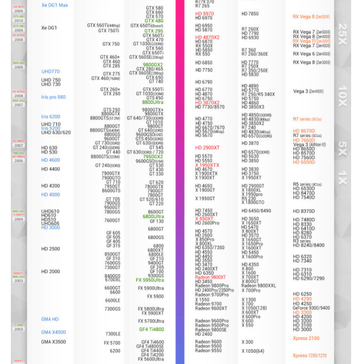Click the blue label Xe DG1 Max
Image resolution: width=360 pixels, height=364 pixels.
click(55, 5)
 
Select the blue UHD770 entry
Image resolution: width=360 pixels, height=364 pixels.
click(50, 72)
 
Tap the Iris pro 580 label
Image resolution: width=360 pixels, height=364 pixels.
click(53, 97)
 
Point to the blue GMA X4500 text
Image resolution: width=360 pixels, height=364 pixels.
click(53, 332)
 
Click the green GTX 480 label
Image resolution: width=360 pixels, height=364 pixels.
click(154, 21)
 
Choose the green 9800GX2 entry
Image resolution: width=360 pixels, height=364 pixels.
click(153, 65)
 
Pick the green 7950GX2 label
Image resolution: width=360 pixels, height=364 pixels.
click(153, 157)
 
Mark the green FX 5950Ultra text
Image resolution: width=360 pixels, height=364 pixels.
click(150, 280)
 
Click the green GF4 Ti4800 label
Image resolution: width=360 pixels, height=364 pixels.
click(151, 329)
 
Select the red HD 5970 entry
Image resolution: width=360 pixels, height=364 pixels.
click(204, 14)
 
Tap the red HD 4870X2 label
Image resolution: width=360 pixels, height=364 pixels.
click(207, 37)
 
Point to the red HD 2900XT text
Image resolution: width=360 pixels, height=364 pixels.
click(207, 147)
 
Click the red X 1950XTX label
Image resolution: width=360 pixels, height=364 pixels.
click(207, 165)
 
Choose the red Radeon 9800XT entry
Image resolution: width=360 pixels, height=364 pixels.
click(211, 277)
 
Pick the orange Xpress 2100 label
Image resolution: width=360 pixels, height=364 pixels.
click(306, 338)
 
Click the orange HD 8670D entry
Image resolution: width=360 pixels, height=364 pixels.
click(304, 131)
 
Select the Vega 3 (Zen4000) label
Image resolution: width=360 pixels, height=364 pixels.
click(308, 91)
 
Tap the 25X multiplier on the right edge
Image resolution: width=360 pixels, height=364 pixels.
click(342, 33)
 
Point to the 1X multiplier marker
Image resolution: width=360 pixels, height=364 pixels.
click(342, 177)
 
